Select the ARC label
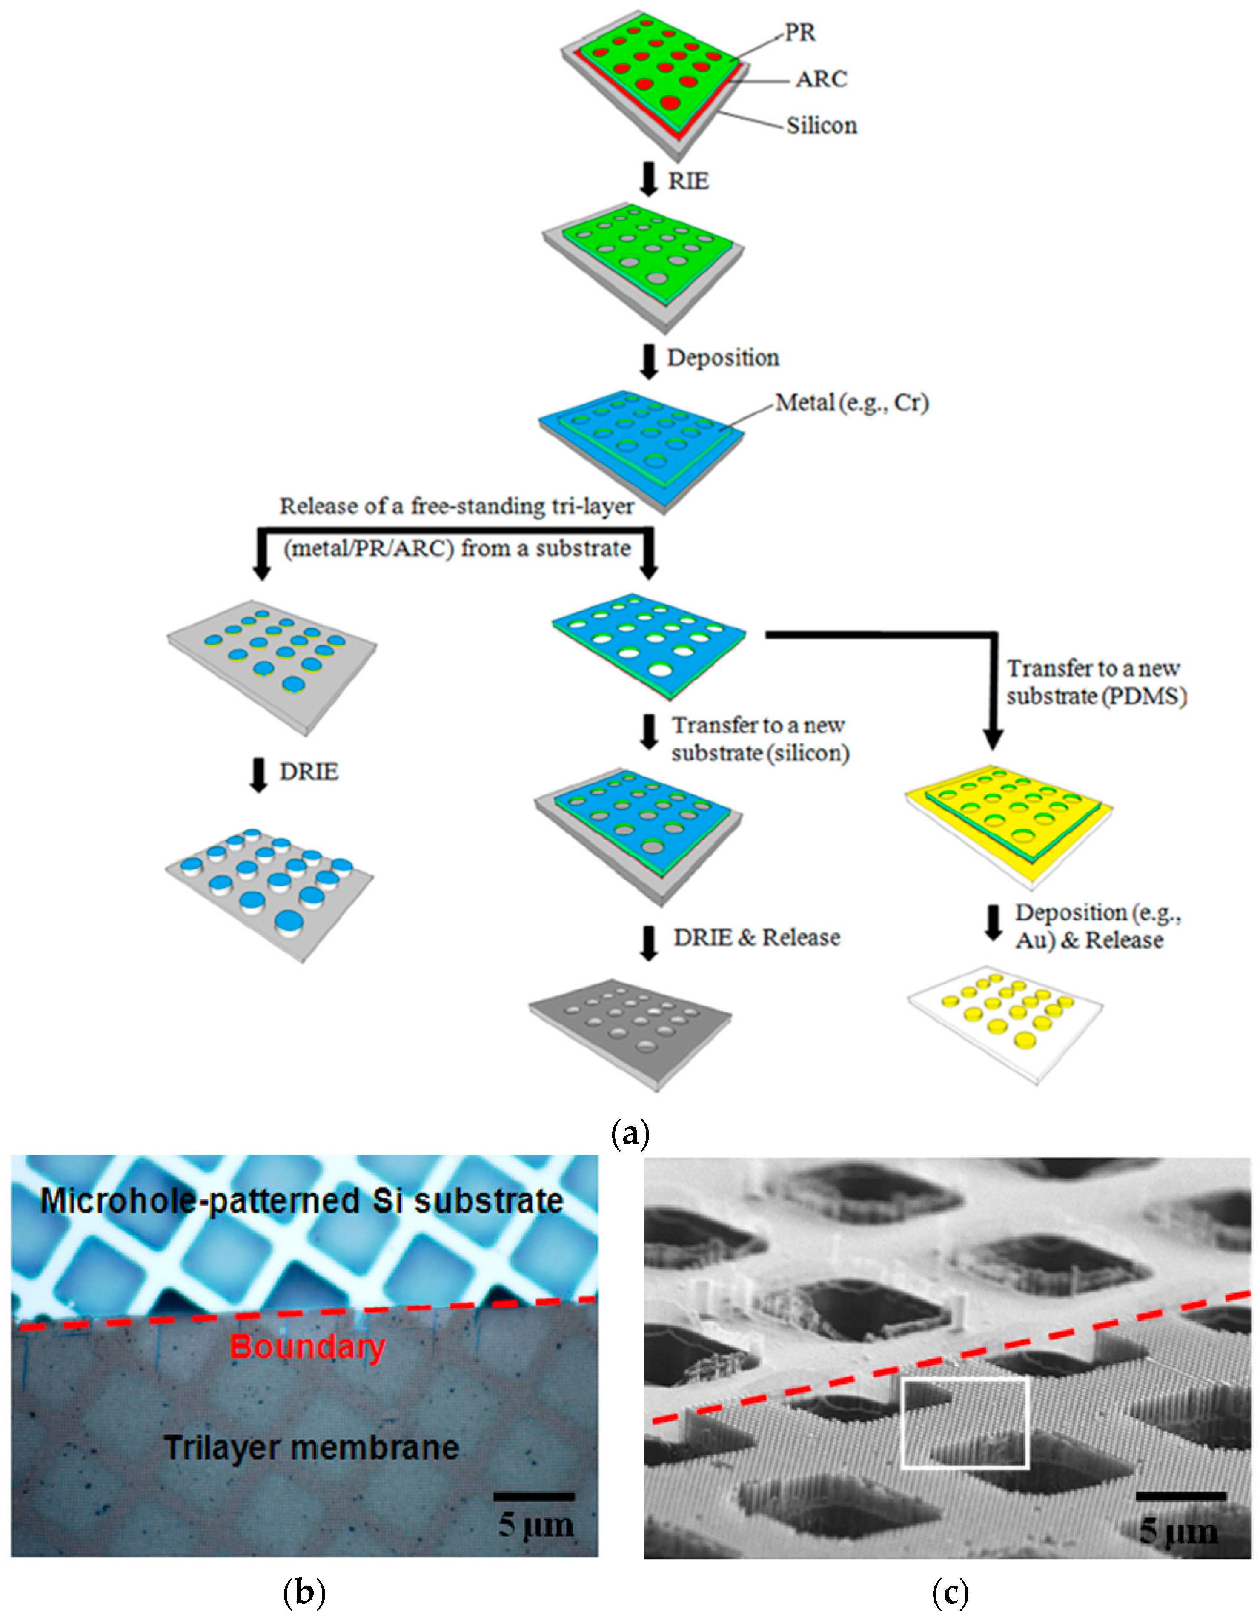821,79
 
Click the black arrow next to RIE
649,181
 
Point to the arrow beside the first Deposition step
649,361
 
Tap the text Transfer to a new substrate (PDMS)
1096,682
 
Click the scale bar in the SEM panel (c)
1180,1495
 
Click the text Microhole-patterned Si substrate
301,1201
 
